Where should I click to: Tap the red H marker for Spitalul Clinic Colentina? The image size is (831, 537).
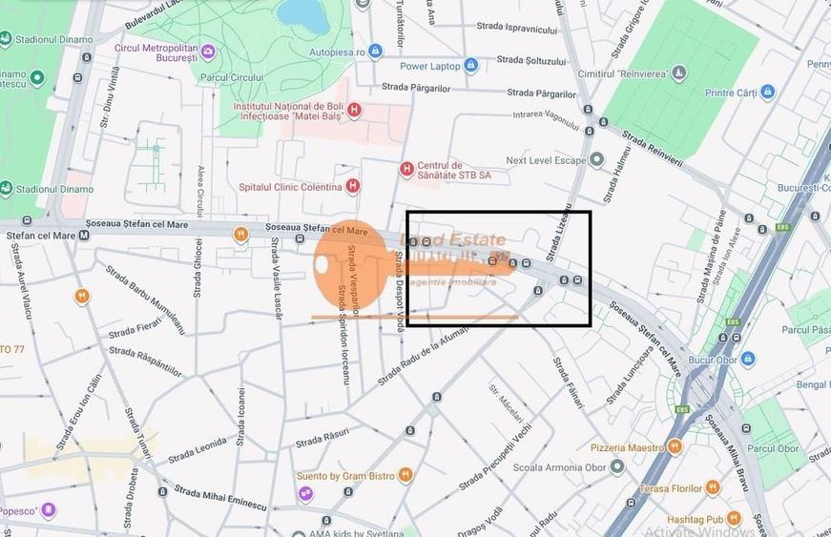click(x=353, y=185)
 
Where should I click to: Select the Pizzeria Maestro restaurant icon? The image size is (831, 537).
click(x=675, y=446)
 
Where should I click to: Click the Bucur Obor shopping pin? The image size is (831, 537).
click(x=748, y=360)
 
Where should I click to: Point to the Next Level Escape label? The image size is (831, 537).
click(x=546, y=160)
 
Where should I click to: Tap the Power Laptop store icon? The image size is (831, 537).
click(x=470, y=66)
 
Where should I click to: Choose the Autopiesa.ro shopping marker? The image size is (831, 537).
click(x=375, y=51)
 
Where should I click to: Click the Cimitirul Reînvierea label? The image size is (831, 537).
click(x=623, y=72)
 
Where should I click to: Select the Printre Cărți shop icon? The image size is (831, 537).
click(x=767, y=93)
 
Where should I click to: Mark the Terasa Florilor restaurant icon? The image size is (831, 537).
click(x=713, y=487)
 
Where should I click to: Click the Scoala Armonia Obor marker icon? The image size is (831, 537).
click(x=617, y=467)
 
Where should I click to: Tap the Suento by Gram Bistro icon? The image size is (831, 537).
click(x=405, y=475)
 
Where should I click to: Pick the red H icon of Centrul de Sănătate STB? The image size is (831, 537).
click(x=406, y=169)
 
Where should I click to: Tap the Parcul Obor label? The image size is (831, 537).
click(x=773, y=448)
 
